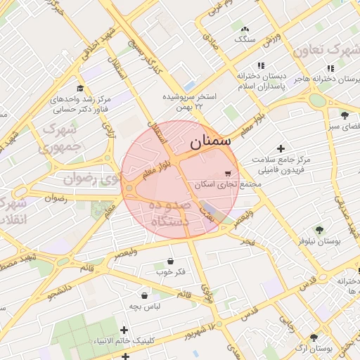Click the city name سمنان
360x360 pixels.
click(x=210, y=139)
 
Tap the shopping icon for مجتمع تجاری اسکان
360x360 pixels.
click(x=227, y=173)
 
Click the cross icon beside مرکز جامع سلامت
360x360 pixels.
click(x=281, y=148)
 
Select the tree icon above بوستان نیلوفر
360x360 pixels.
click(x=319, y=229)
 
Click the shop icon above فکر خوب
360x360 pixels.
click(x=170, y=260)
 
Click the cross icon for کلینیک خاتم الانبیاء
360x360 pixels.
click(x=124, y=329)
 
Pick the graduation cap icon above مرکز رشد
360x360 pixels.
click(x=80, y=88)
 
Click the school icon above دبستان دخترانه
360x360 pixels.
click(x=262, y=64)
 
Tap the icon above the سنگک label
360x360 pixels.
click(x=244, y=30)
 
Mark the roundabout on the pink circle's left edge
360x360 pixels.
click(x=129, y=188)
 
